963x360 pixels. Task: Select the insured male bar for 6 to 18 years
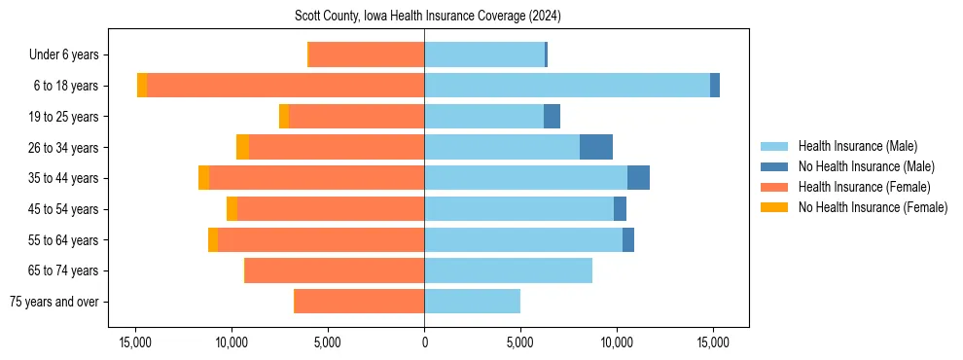tap(567, 86)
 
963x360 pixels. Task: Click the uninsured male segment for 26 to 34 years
tap(596, 147)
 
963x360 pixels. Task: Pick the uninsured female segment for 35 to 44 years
tap(203, 178)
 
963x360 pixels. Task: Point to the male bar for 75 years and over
tap(472, 302)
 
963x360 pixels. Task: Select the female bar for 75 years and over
tap(359, 302)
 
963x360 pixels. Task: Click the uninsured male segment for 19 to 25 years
tap(552, 117)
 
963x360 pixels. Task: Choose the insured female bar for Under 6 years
tap(367, 55)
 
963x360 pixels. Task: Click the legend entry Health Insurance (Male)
tap(857, 146)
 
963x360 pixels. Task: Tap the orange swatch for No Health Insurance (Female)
tap(774, 207)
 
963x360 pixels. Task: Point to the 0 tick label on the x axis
tap(424, 342)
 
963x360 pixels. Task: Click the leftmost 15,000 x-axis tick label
tap(134, 342)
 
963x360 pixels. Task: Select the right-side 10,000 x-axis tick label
tap(617, 342)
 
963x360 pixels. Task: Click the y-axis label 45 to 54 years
tap(65, 209)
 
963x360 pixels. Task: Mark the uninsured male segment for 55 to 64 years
tap(628, 239)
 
